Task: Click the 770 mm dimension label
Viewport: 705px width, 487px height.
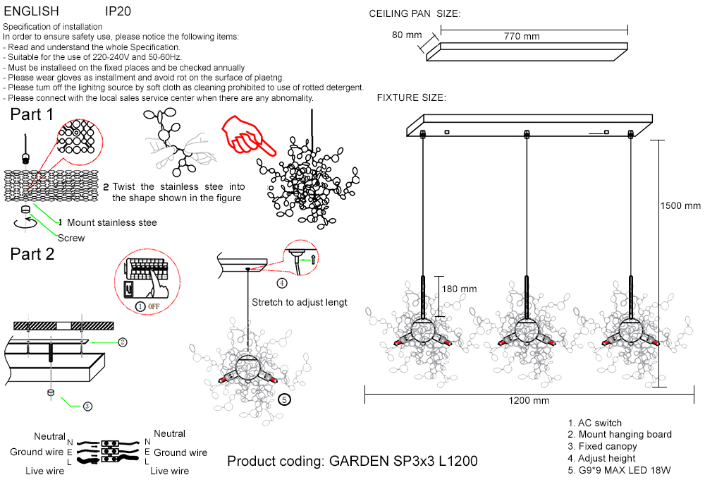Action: click(522, 36)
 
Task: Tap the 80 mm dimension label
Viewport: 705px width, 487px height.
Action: click(407, 35)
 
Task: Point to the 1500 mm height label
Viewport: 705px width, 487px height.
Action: click(680, 206)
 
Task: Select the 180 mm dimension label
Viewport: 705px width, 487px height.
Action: click(459, 289)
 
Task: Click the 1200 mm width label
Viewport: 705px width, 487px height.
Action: click(529, 400)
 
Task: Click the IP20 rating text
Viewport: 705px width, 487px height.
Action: click(118, 12)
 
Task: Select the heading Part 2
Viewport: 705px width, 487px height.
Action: click(32, 254)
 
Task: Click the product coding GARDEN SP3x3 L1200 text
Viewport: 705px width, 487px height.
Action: click(352, 462)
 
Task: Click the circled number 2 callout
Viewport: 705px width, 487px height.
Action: click(123, 342)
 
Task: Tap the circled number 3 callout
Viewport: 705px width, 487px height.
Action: click(87, 406)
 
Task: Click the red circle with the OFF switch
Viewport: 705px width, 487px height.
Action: click(144, 283)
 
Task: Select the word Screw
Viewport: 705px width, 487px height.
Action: click(71, 238)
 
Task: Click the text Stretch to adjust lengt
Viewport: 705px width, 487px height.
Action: click(300, 302)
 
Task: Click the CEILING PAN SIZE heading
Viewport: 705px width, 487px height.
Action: click(415, 14)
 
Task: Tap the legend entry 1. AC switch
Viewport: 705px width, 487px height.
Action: click(595, 423)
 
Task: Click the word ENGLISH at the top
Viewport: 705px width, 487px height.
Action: click(32, 12)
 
